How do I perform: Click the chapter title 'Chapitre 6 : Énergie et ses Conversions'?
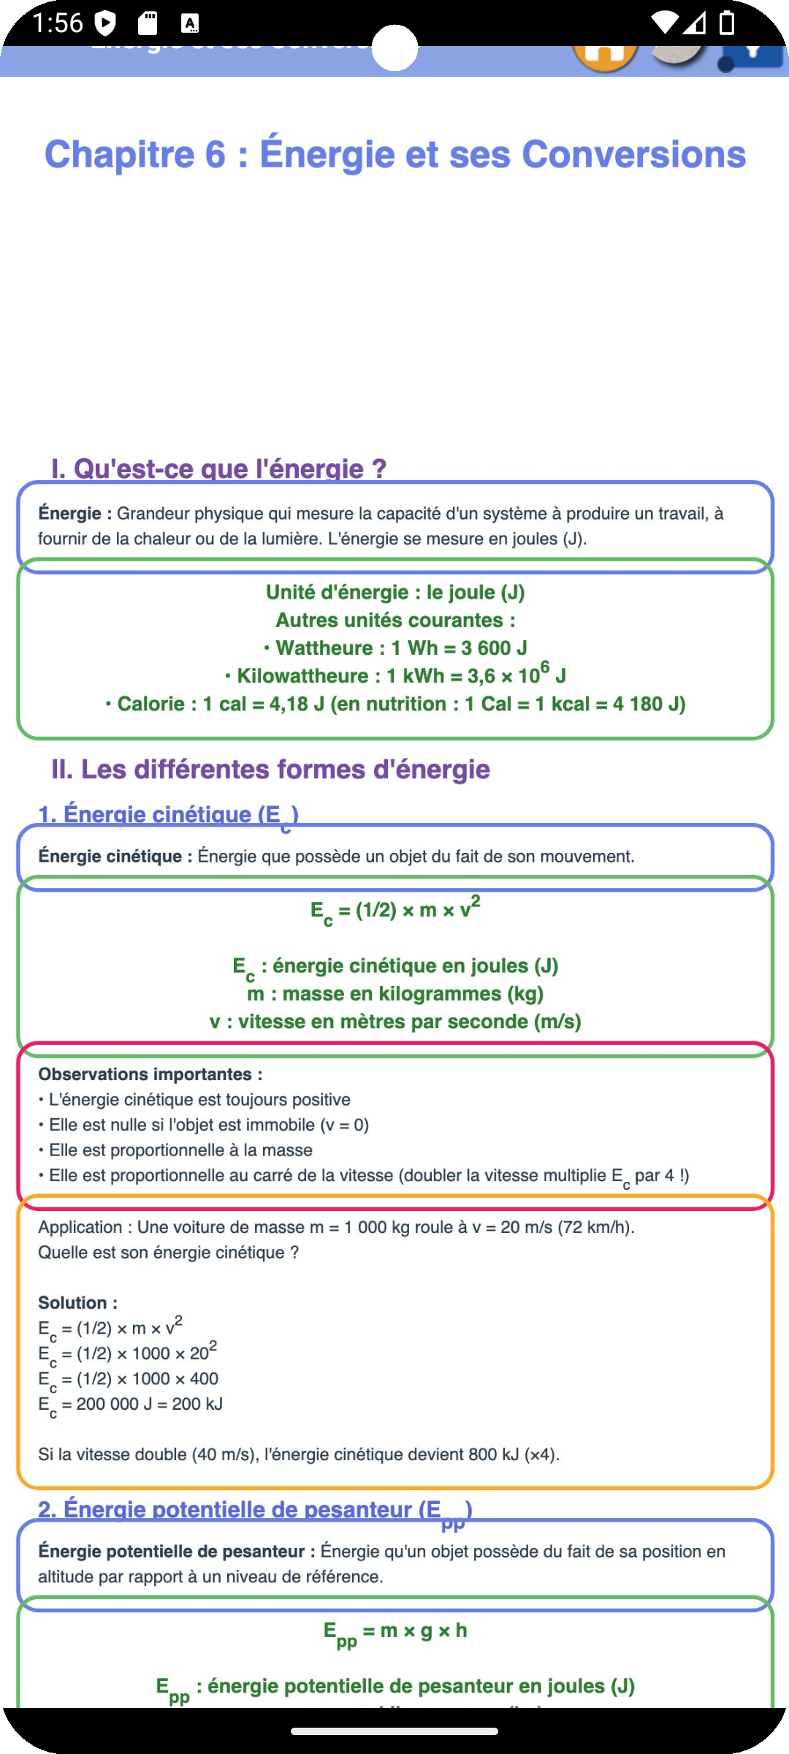click(x=394, y=154)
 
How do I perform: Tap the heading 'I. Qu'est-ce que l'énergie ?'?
click(x=218, y=468)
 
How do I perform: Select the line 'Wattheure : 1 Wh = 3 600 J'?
click(x=394, y=648)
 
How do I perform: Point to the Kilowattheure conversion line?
click(x=394, y=676)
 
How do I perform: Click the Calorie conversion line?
click(x=394, y=704)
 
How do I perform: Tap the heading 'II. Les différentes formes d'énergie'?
click(x=270, y=769)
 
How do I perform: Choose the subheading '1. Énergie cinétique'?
click(x=168, y=814)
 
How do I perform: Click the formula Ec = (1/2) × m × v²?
click(x=394, y=911)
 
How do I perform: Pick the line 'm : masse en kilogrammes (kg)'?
click(x=394, y=994)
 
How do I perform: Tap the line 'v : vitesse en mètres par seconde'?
click(x=394, y=1022)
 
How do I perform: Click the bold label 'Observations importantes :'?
click(x=150, y=1074)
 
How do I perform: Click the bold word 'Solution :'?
click(x=77, y=1303)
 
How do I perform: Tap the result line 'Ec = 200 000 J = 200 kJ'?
click(x=131, y=1404)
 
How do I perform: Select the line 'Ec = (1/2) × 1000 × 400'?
click(x=129, y=1379)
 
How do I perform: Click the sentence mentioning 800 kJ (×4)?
click(x=299, y=1454)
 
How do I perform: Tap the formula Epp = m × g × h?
click(x=394, y=1631)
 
